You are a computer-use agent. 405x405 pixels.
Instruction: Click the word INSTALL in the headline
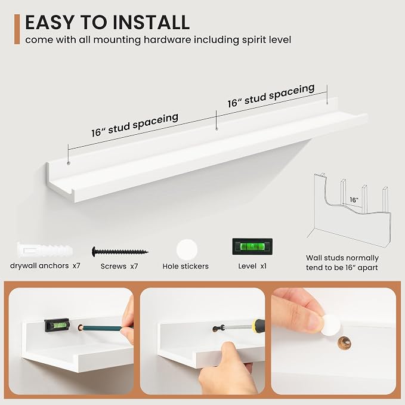[x=151, y=22]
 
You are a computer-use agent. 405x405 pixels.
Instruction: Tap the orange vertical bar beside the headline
[x=17, y=29]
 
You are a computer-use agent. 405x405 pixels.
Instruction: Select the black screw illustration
[x=120, y=251]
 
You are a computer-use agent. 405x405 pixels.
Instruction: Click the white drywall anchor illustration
[x=45, y=250]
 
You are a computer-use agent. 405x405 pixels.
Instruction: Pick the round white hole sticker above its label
[x=187, y=250]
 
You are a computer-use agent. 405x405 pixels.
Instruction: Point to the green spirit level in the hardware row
[x=252, y=246]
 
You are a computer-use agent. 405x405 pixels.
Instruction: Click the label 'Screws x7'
[x=119, y=266]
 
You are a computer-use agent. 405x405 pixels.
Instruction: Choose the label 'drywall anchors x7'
[x=45, y=266]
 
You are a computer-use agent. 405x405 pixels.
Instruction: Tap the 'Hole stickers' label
[x=186, y=266]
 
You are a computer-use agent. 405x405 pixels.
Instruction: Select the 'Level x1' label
[x=252, y=266]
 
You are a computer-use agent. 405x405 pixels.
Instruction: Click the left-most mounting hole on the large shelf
[x=69, y=163]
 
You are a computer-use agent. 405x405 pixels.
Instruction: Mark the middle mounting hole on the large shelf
[x=217, y=129]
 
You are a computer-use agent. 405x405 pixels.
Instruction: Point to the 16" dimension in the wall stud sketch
[x=354, y=200]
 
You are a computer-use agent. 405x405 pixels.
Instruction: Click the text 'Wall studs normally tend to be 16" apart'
[x=342, y=262]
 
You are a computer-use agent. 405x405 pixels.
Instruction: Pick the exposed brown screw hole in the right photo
[x=345, y=344]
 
